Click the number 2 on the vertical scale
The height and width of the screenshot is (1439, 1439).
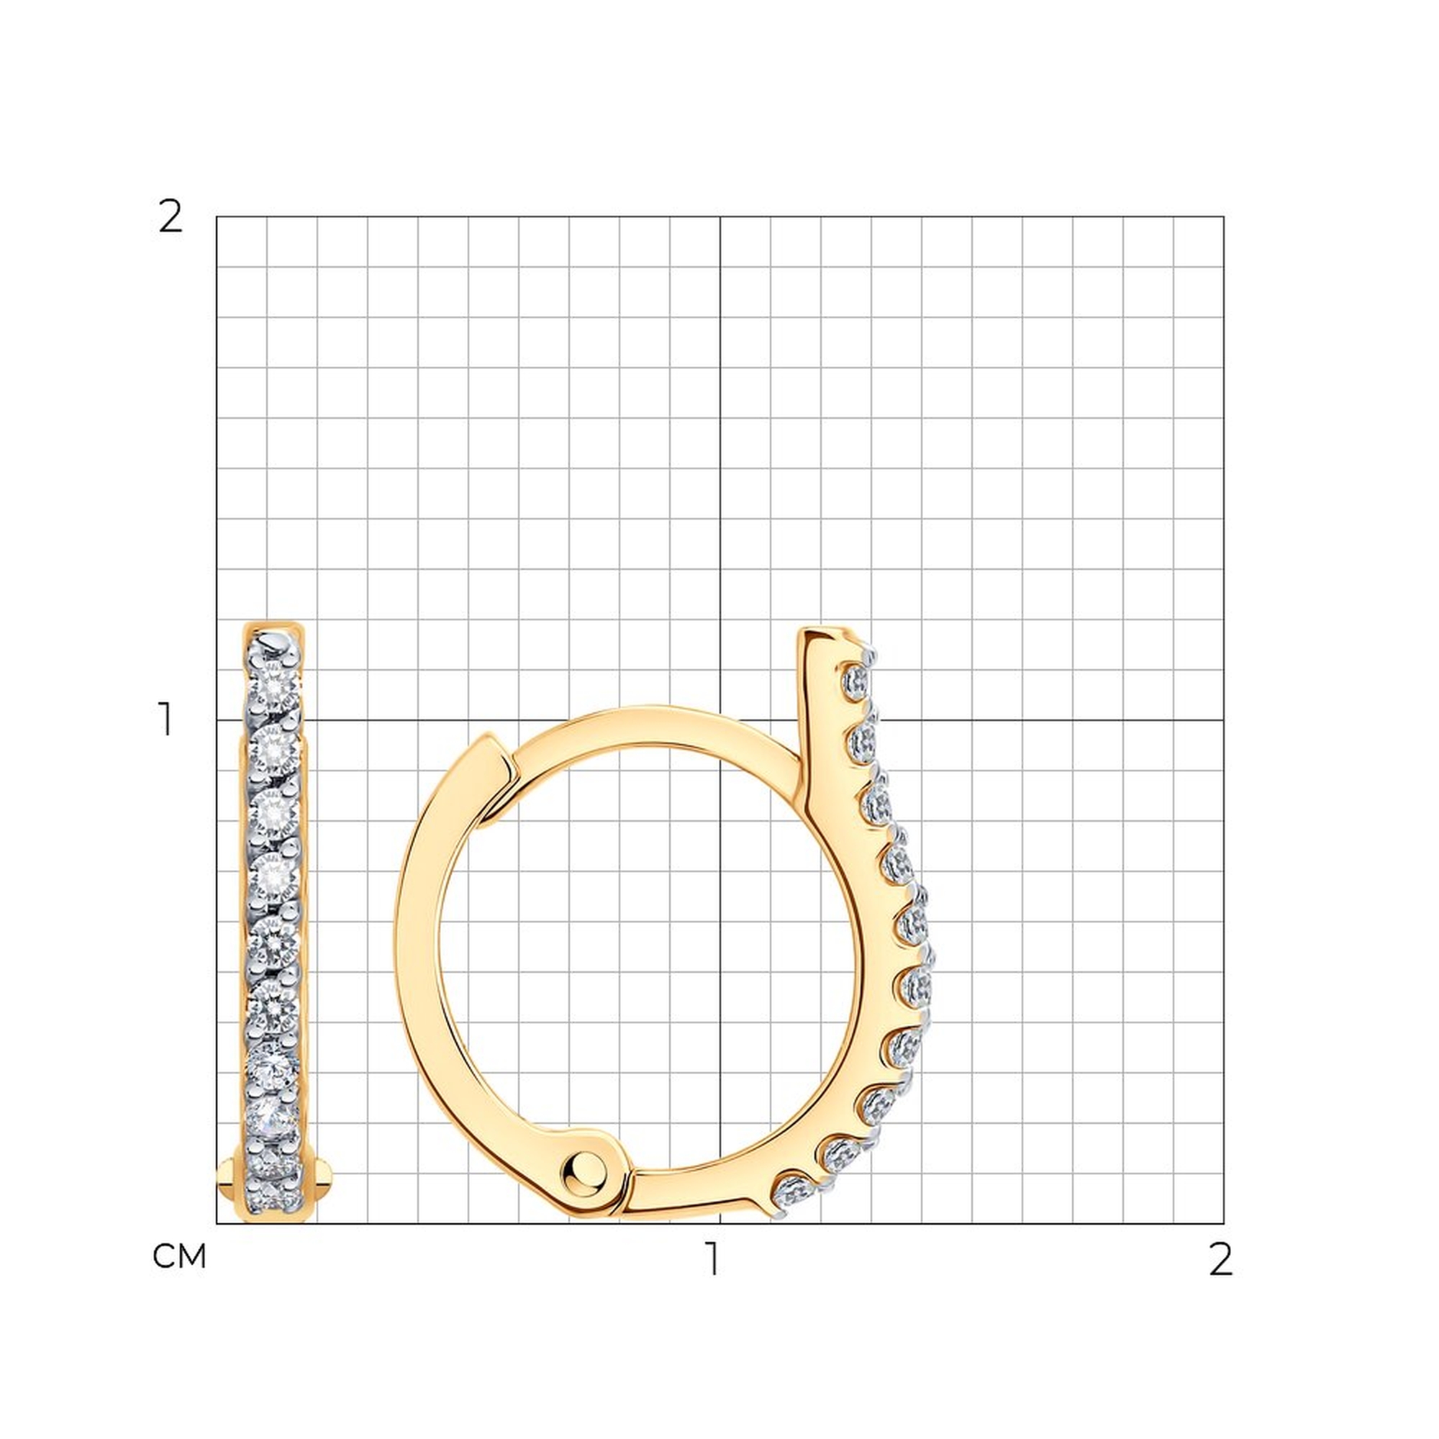(171, 217)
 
